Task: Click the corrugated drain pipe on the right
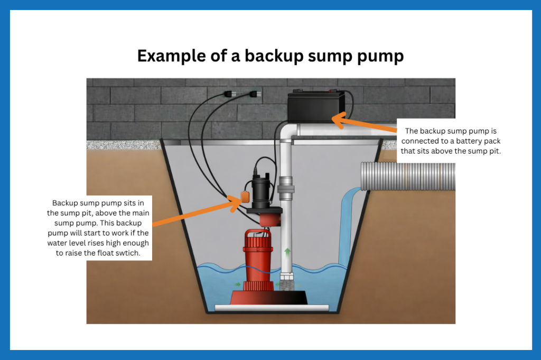coord(407,176)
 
